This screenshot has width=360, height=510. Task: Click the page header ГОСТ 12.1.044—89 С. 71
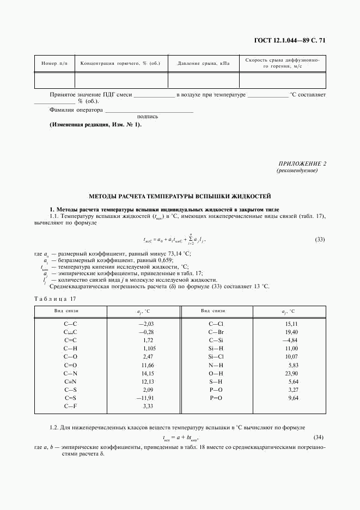pyautogui.click(x=290, y=40)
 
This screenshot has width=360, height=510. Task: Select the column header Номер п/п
pyautogui.click(x=54, y=64)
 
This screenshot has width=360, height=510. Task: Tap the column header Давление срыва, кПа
pyautogui.click(x=204, y=64)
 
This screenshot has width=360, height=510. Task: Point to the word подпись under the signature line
pyautogui.click(x=148, y=116)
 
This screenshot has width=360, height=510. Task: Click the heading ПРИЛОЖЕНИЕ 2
pyautogui.click(x=302, y=163)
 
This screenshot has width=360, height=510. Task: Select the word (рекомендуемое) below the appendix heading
pyautogui.click(x=297, y=171)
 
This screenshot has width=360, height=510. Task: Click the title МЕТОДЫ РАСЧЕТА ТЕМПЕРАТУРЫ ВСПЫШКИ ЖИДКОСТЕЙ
pyautogui.click(x=180, y=196)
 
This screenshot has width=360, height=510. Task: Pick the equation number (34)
pyautogui.click(x=320, y=438)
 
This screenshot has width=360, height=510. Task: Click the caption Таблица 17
pyautogui.click(x=55, y=299)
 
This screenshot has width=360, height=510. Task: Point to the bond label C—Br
pyautogui.click(x=216, y=332)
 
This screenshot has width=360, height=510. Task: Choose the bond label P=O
pyautogui.click(x=216, y=398)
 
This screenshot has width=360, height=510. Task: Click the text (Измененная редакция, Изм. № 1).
pyautogui.click(x=95, y=125)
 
